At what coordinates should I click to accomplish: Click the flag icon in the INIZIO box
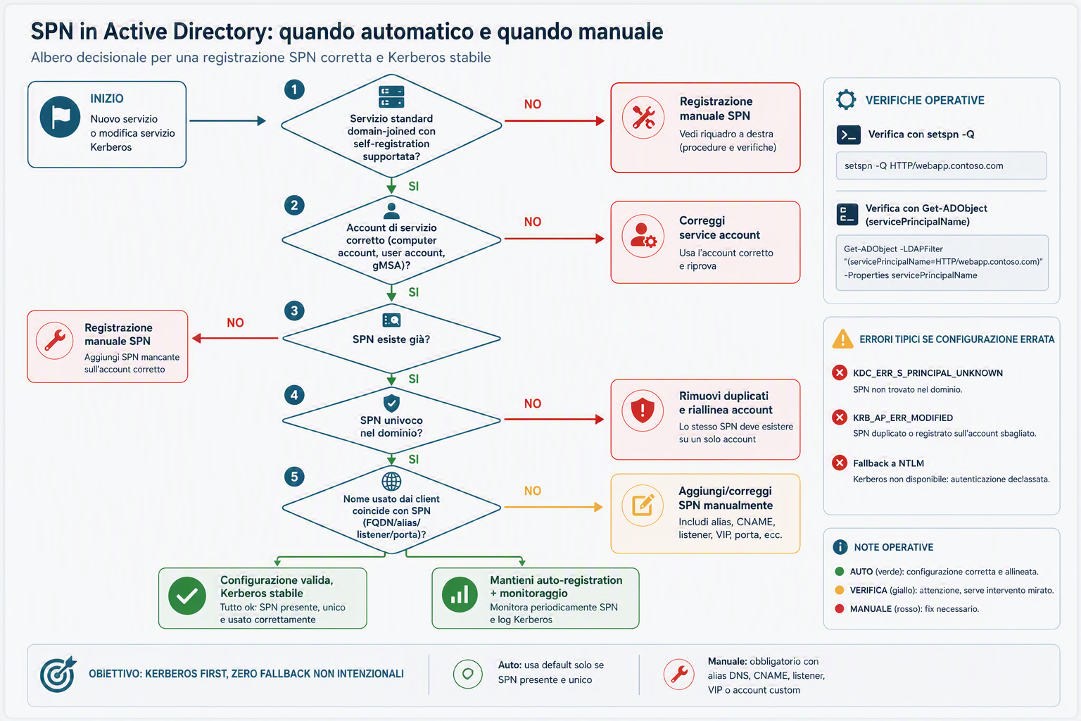pos(60,116)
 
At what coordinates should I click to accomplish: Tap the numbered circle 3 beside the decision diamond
pos(294,311)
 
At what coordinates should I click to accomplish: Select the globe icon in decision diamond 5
pos(391,481)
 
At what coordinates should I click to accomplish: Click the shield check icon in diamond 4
pos(391,402)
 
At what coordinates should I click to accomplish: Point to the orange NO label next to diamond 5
pos(533,491)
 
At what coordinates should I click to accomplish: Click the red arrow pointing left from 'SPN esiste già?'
pos(235,339)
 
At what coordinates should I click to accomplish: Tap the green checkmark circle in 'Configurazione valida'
pos(187,596)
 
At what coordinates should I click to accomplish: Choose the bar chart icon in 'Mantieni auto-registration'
pos(460,594)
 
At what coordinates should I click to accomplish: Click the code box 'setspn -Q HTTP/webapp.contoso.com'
pos(941,165)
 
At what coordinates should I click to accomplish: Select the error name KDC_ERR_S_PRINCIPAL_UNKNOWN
pos(928,372)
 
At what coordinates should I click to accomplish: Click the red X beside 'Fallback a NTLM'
pos(840,463)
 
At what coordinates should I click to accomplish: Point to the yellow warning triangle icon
pos(842,339)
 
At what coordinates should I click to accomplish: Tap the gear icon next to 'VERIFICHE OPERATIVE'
pos(846,99)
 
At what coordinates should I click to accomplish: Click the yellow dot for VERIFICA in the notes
pos(839,590)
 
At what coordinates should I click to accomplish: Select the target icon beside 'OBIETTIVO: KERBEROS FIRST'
pos(58,674)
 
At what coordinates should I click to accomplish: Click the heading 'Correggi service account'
pos(719,227)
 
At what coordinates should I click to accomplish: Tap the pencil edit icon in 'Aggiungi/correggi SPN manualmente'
pos(643,505)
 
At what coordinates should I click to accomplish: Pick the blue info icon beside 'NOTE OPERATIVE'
pos(840,546)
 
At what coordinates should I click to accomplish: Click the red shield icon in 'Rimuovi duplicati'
pos(643,410)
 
